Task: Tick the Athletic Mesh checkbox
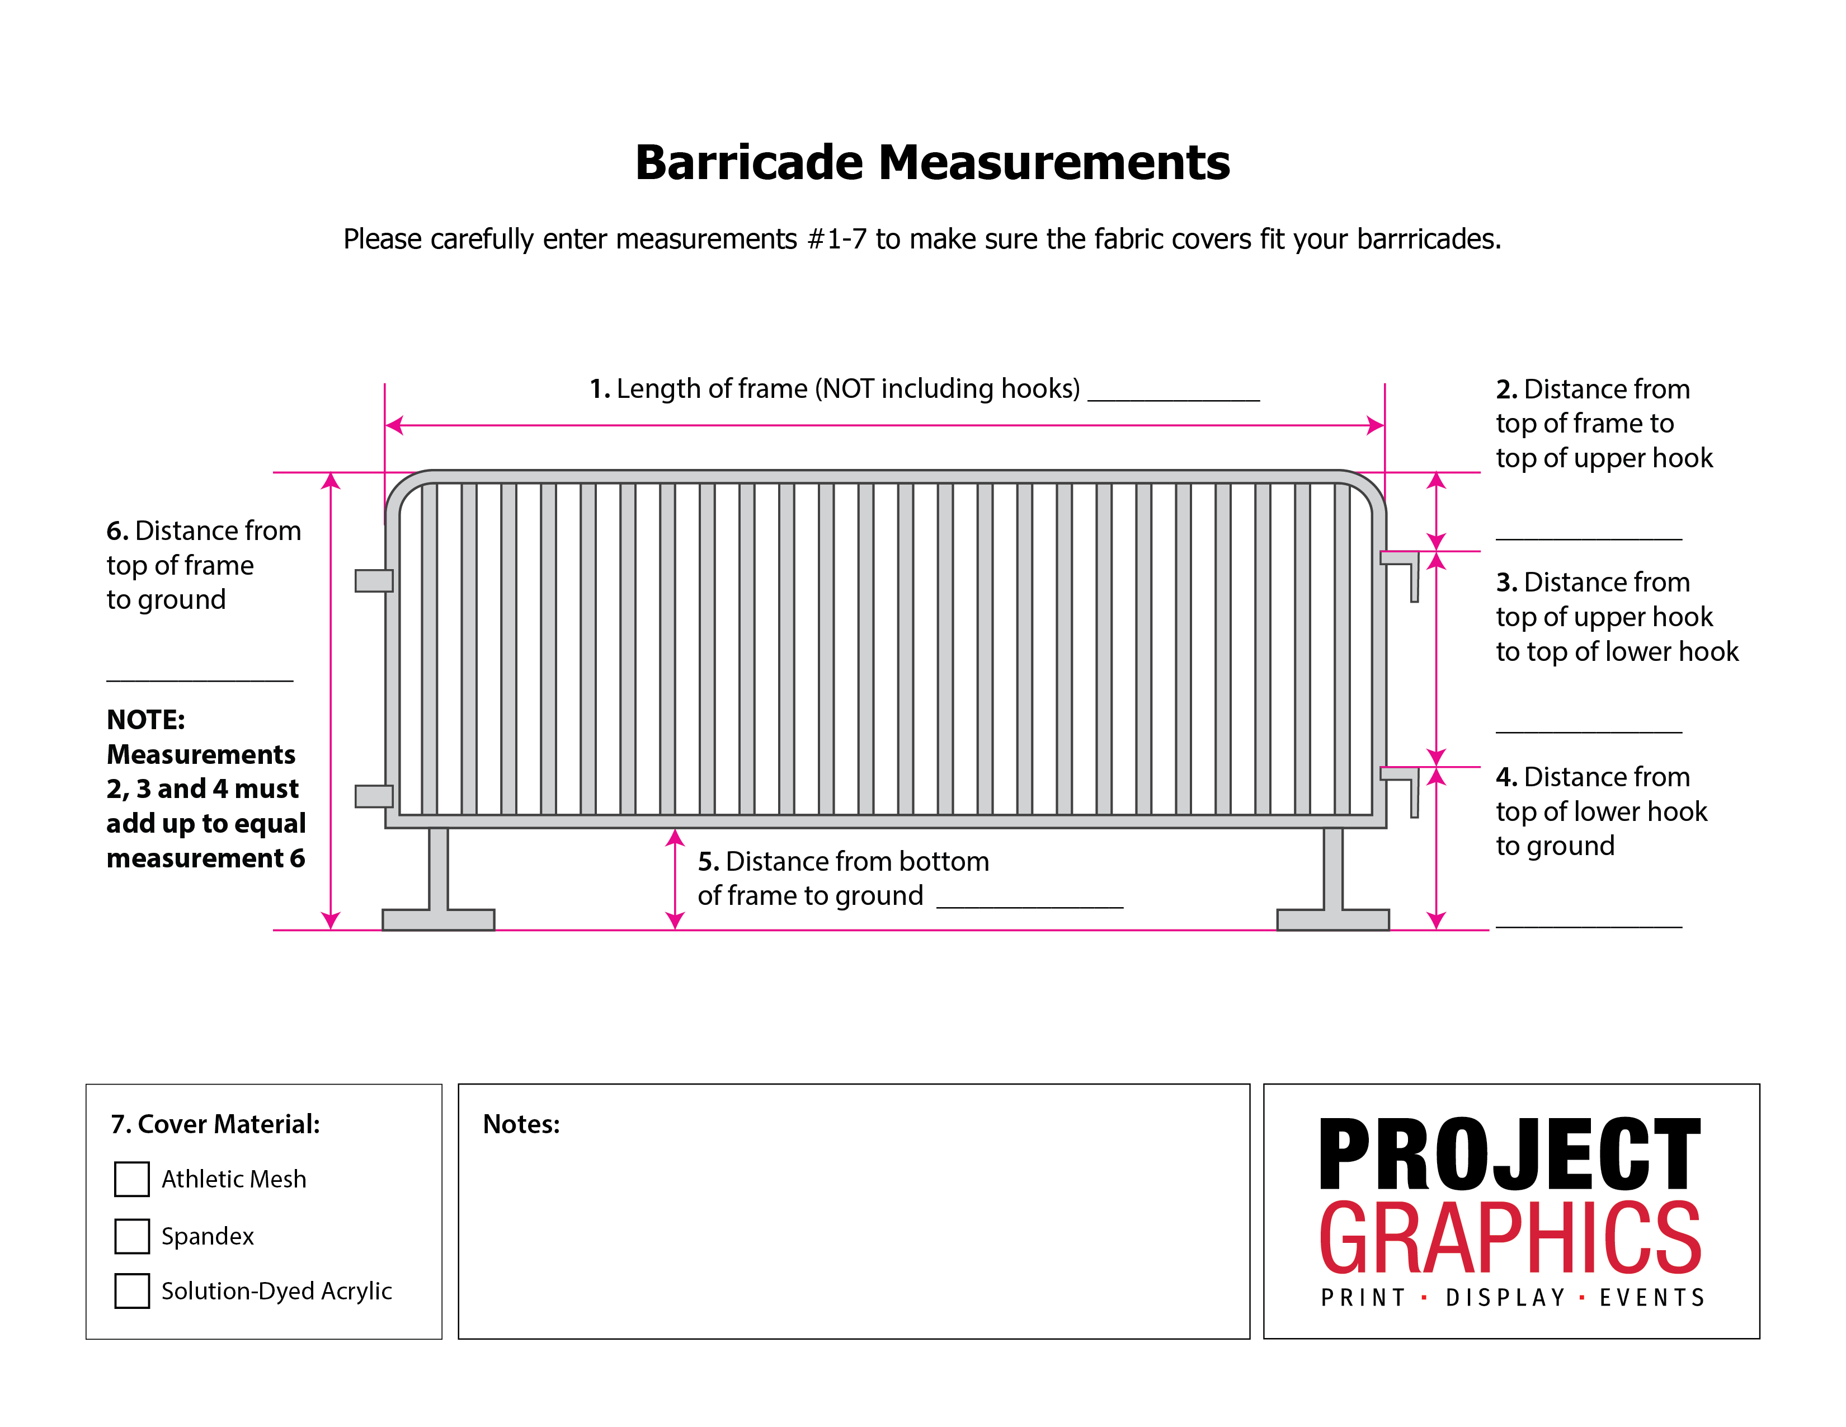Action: pyautogui.click(x=132, y=1179)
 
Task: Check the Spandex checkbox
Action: pyautogui.click(x=132, y=1236)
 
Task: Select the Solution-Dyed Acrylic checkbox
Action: pyautogui.click(x=132, y=1291)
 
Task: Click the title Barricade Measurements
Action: pyautogui.click(x=933, y=162)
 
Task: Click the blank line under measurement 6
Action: pyautogui.click(x=200, y=678)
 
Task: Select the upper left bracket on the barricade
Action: pyautogui.click(x=374, y=581)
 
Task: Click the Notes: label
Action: pyautogui.click(x=521, y=1124)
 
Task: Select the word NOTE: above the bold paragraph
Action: pyautogui.click(x=145, y=720)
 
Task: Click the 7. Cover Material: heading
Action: pyautogui.click(x=215, y=1124)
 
